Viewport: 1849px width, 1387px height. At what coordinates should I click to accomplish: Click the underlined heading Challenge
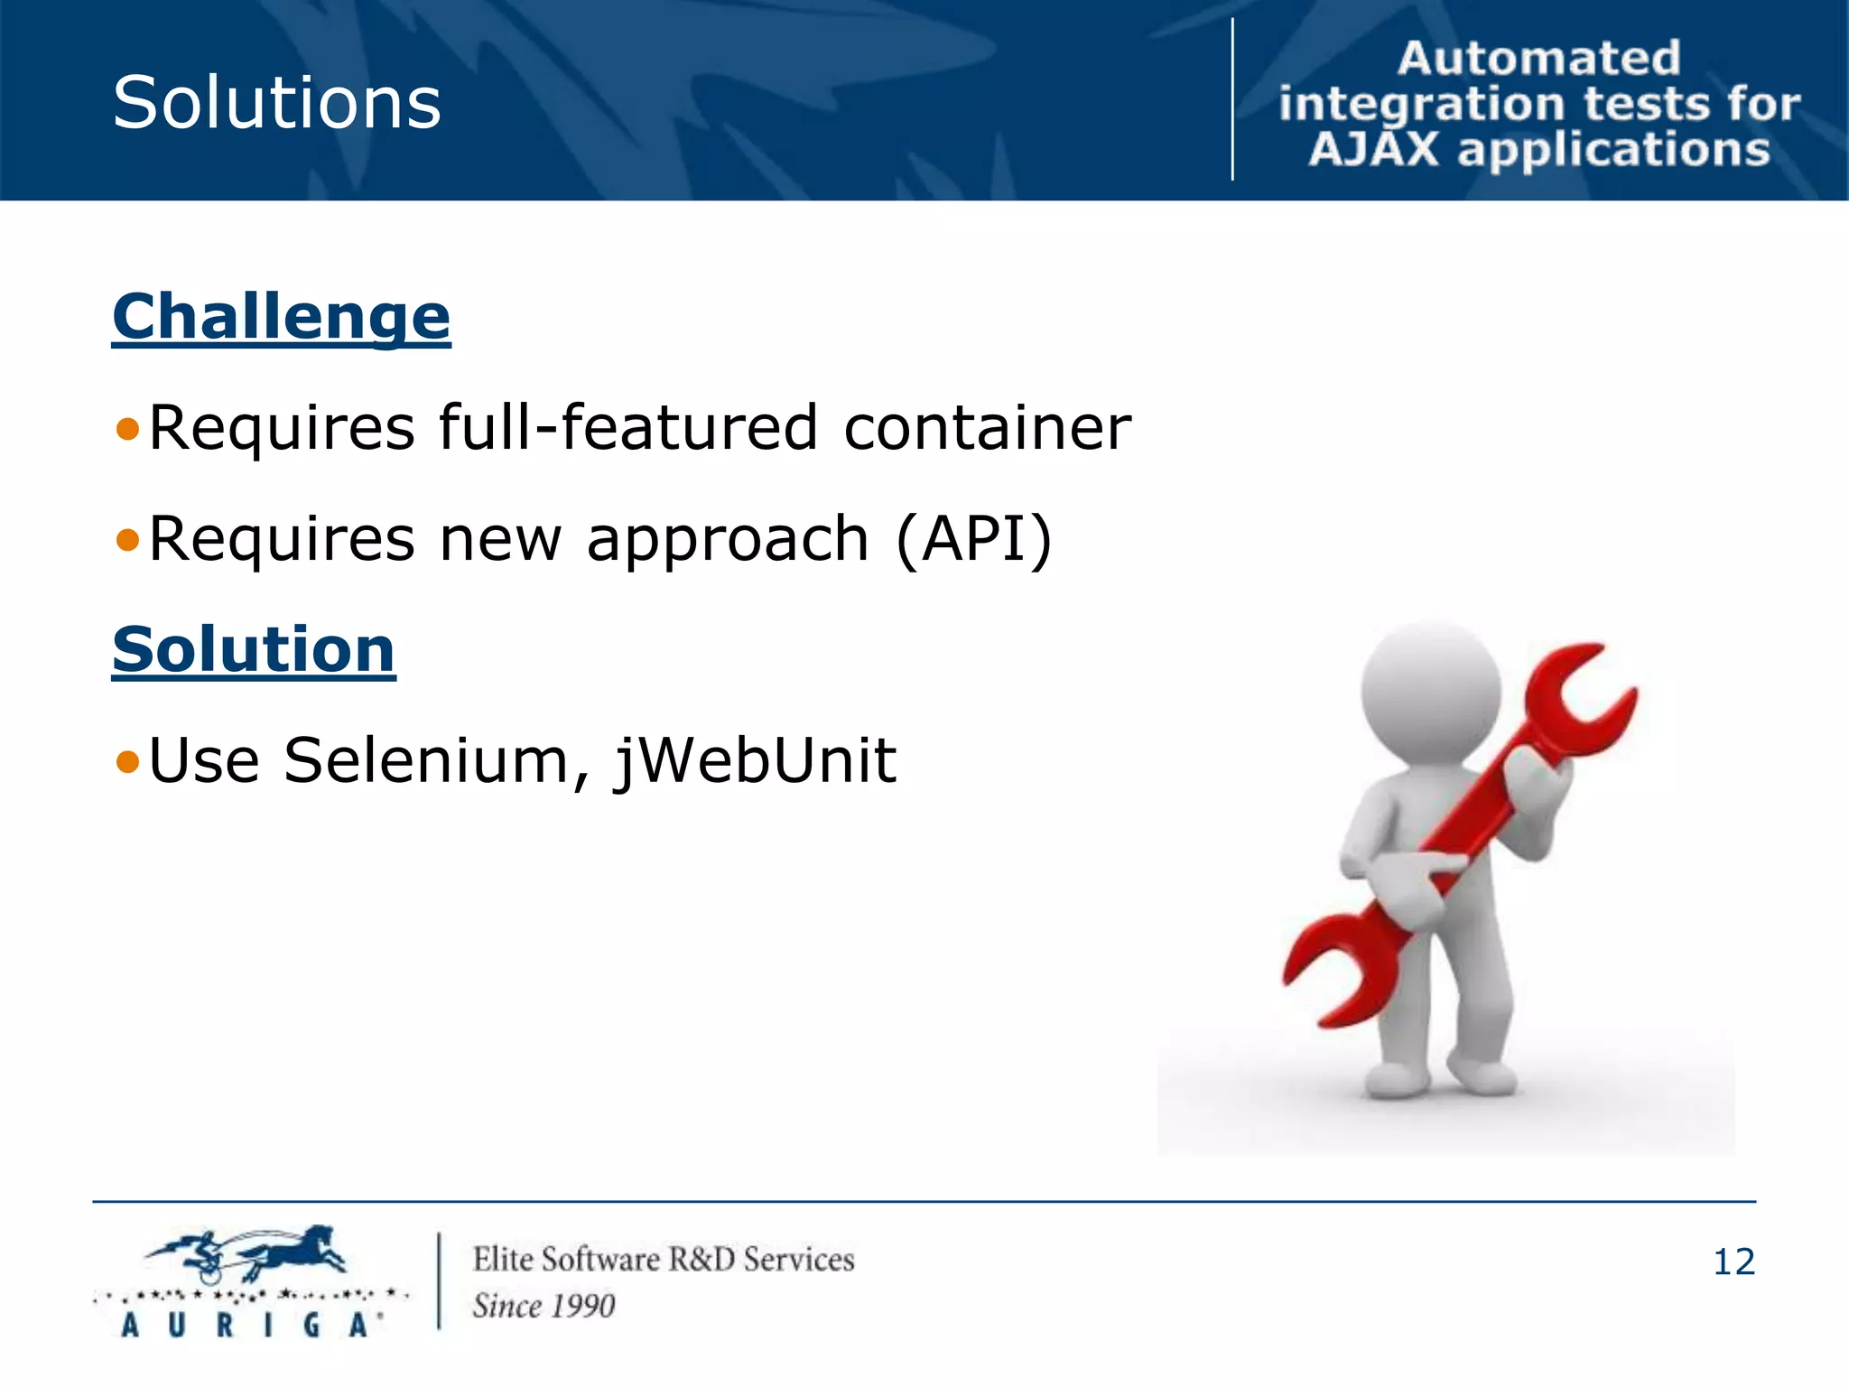coord(281,317)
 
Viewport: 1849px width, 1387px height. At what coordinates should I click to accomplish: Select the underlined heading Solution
coord(254,649)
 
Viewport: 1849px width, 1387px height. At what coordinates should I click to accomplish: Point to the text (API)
coord(974,539)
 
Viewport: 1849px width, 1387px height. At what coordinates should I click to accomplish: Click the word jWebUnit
coord(756,762)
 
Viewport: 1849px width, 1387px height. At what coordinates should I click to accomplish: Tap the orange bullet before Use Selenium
coord(128,762)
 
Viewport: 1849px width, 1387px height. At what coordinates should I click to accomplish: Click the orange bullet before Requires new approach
coord(128,540)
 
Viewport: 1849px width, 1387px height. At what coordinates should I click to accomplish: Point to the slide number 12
coord(1733,1261)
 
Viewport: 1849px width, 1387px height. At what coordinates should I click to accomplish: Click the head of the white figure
coord(1430,690)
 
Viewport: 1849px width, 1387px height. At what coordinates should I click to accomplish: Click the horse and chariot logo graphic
coord(248,1255)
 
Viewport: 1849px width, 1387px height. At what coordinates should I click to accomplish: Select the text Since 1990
coord(544,1306)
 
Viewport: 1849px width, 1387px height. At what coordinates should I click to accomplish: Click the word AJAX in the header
coord(1373,150)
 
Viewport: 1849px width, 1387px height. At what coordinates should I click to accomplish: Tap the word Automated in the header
coord(1538,59)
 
